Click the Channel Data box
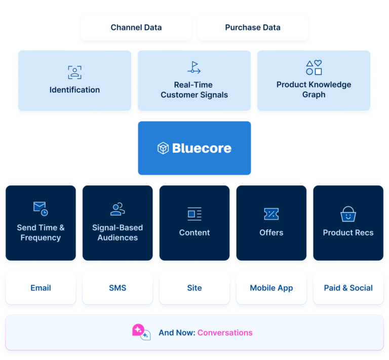point(136,27)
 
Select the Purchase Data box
point(252,27)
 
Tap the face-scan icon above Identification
point(74,72)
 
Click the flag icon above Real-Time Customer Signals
point(194,67)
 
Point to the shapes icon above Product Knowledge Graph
point(314,67)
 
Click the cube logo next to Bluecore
point(163,148)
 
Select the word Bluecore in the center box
point(202,148)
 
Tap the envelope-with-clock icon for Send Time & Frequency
point(41,209)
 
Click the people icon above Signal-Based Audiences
point(118,209)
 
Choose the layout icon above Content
point(194,214)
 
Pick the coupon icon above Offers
point(271,214)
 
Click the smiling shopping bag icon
point(348,214)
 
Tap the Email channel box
point(41,288)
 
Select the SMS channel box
point(118,288)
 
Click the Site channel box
point(194,288)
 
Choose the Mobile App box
point(271,288)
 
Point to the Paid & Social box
point(348,288)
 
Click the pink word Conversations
point(225,333)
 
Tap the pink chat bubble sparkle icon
point(140,332)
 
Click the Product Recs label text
point(348,233)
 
